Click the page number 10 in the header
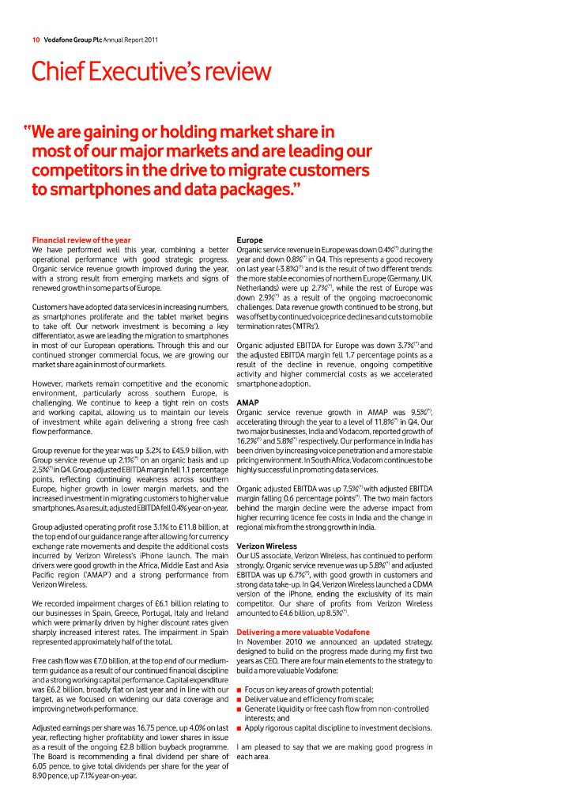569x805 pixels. [36, 40]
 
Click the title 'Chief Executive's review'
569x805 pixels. [151, 72]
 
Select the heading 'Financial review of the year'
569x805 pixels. [81, 240]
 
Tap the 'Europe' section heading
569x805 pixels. [250, 240]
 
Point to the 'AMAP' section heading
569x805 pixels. [249, 402]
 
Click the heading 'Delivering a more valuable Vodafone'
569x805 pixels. [303, 633]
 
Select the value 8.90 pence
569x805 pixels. [48, 776]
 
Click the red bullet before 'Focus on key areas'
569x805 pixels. [239, 690]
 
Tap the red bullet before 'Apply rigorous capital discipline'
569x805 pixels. [239, 728]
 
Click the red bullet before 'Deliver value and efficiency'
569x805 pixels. [239, 700]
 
